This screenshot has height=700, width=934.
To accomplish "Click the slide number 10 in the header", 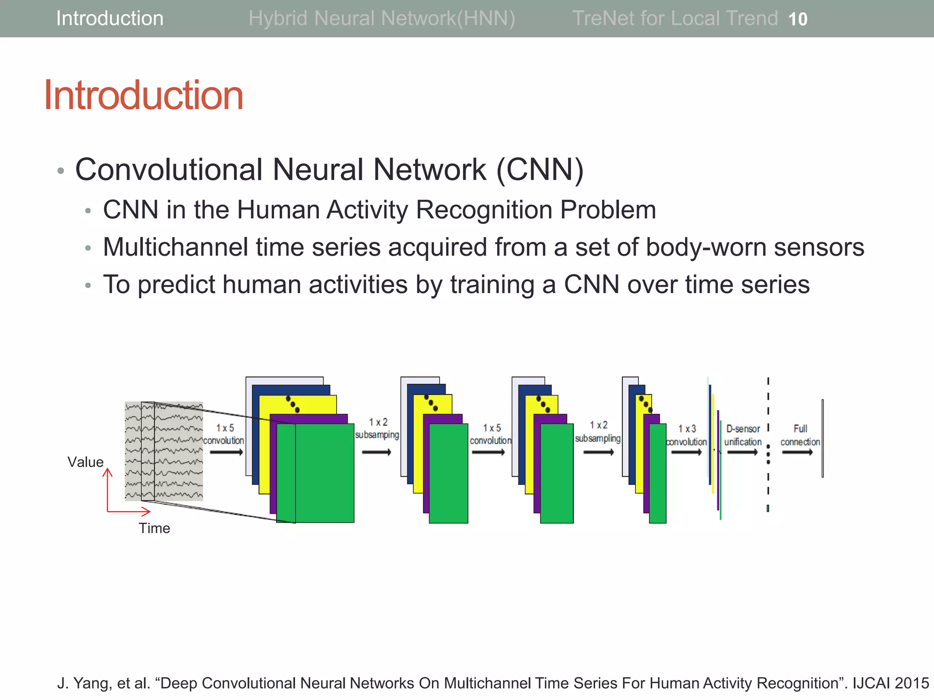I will [798, 19].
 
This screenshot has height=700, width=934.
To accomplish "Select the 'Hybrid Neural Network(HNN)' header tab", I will [382, 19].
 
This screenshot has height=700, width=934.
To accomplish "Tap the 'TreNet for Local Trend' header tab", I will [675, 19].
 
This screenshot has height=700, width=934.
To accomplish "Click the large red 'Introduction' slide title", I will [144, 95].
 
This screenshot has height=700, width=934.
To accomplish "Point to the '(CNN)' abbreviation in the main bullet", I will [540, 170].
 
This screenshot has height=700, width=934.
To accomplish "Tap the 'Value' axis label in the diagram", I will [85, 462].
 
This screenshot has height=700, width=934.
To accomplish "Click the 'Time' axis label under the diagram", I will [154, 528].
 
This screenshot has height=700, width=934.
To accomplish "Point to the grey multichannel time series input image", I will [164, 451].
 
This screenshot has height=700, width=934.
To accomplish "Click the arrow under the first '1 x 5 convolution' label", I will [226, 452].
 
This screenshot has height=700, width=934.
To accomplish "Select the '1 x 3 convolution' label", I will [686, 435].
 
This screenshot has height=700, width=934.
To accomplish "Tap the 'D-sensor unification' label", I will [743, 435].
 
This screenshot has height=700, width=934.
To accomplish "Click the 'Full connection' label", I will [800, 435].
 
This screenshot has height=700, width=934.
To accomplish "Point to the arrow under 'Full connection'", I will [797, 452].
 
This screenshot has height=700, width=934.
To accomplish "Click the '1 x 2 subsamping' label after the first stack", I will [377, 428].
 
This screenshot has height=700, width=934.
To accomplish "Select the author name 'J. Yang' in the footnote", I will [83, 683].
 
